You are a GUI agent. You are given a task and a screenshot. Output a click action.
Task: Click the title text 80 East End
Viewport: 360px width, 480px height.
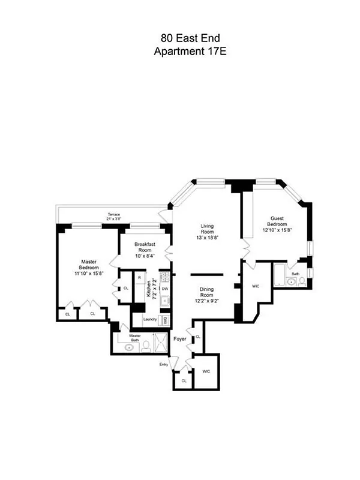(x=180, y=40)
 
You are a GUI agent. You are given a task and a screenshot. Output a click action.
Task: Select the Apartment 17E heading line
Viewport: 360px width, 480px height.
(x=180, y=52)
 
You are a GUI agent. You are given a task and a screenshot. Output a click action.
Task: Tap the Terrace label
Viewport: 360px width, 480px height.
(x=114, y=215)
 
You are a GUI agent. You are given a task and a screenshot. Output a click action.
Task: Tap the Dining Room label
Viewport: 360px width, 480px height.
(x=206, y=295)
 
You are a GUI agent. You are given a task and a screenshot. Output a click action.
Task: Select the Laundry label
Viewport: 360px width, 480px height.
(x=150, y=319)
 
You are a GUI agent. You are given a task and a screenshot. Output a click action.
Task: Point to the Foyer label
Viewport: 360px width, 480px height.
(x=179, y=339)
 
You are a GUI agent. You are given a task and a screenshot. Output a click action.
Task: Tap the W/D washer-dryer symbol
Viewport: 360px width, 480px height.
(x=166, y=319)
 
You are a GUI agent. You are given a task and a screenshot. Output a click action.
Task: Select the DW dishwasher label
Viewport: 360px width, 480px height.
(x=165, y=290)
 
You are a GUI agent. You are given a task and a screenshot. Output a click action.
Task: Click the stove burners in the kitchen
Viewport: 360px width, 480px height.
(x=165, y=278)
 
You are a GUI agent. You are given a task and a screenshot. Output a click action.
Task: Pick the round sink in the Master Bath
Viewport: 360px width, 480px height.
(x=128, y=347)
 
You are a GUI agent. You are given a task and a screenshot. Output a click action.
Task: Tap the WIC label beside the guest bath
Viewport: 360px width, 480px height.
(x=255, y=286)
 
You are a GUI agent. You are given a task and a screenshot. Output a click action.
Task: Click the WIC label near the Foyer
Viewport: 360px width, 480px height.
(x=206, y=372)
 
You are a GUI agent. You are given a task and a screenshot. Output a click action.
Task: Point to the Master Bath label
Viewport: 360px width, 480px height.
(x=135, y=338)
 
